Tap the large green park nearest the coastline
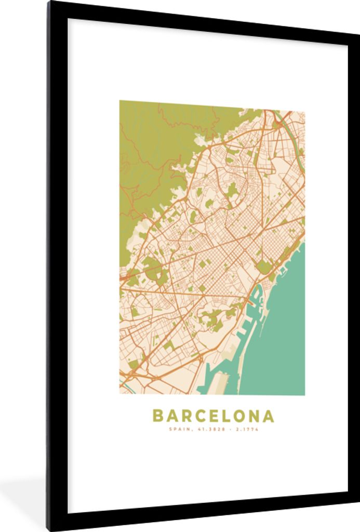point(264,267)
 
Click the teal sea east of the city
point(283,322)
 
